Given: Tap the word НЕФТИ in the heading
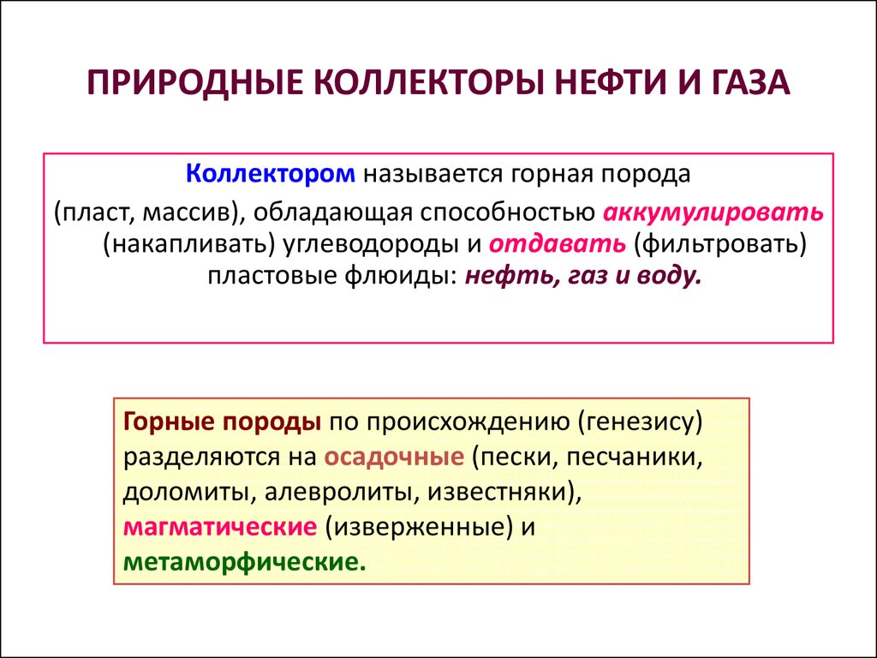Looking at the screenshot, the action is click(611, 82).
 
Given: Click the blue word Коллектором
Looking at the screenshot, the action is click(270, 174).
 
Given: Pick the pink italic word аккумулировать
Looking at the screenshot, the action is click(713, 212).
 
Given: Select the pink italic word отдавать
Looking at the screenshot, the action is click(558, 244).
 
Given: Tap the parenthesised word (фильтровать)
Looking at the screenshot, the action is click(720, 244).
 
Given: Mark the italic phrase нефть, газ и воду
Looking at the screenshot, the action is click(582, 277).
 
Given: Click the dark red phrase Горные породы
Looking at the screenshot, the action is click(222, 422).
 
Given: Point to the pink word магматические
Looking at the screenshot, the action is click(220, 528).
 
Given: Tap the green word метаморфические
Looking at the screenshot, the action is click(244, 562).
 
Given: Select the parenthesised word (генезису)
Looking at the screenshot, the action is click(641, 422).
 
